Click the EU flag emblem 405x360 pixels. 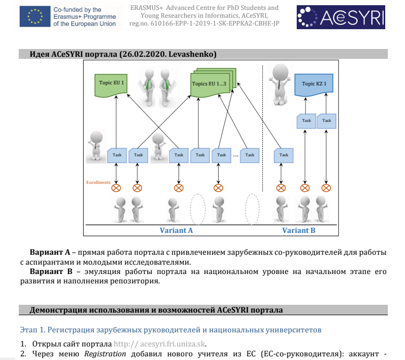(35, 17)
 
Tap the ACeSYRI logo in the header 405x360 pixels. (340, 17)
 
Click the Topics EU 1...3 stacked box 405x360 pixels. (213, 82)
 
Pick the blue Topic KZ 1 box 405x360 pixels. (314, 85)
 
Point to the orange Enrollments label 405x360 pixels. (98, 182)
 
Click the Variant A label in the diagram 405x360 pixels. (176, 230)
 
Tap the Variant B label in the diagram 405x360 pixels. (299, 230)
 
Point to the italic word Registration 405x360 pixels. (105, 354)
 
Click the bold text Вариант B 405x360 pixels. (51, 271)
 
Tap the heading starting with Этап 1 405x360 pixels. (171, 330)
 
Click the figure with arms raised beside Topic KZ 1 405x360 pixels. (280, 85)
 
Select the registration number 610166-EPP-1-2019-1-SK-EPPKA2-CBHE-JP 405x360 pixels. (215, 23)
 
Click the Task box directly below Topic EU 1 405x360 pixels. (117, 155)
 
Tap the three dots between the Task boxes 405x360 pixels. (236, 156)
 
